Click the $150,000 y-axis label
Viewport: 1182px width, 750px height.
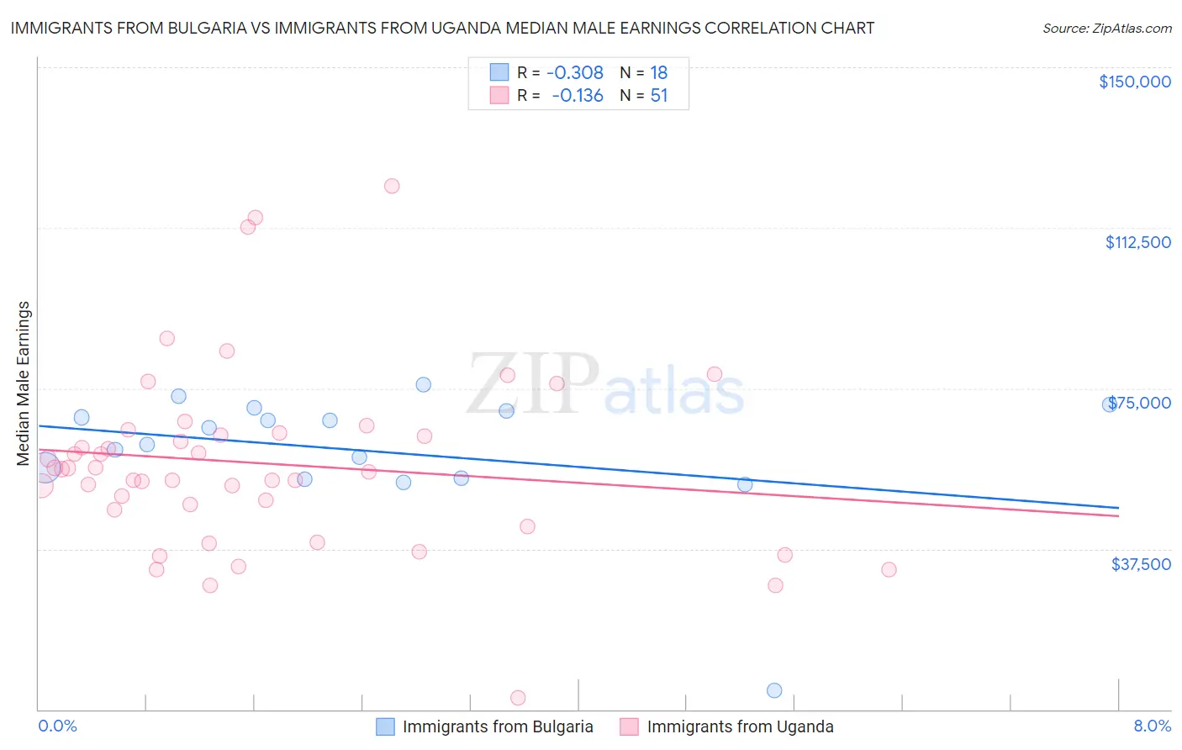coord(1134,82)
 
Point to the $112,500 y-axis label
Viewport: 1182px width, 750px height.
coord(1137,242)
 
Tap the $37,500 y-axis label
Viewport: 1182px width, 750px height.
coord(1141,564)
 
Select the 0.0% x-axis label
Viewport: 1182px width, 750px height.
coord(57,726)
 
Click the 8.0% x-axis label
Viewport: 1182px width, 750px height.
coord(1152,726)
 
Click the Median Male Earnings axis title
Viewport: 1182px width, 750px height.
coord(24,383)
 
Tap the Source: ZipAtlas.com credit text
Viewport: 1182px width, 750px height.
coord(1106,28)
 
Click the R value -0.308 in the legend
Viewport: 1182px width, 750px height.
coord(575,72)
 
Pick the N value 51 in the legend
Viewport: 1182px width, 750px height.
coord(659,96)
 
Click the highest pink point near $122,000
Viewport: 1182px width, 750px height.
coord(392,186)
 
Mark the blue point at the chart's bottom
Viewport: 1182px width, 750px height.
coord(774,690)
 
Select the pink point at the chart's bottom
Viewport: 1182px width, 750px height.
coord(518,698)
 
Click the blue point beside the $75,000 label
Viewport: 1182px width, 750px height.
coord(1109,404)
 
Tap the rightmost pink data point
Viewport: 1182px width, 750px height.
coord(889,569)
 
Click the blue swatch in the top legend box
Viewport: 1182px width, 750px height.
coord(499,72)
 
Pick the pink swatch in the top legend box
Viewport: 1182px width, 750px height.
coord(499,96)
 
